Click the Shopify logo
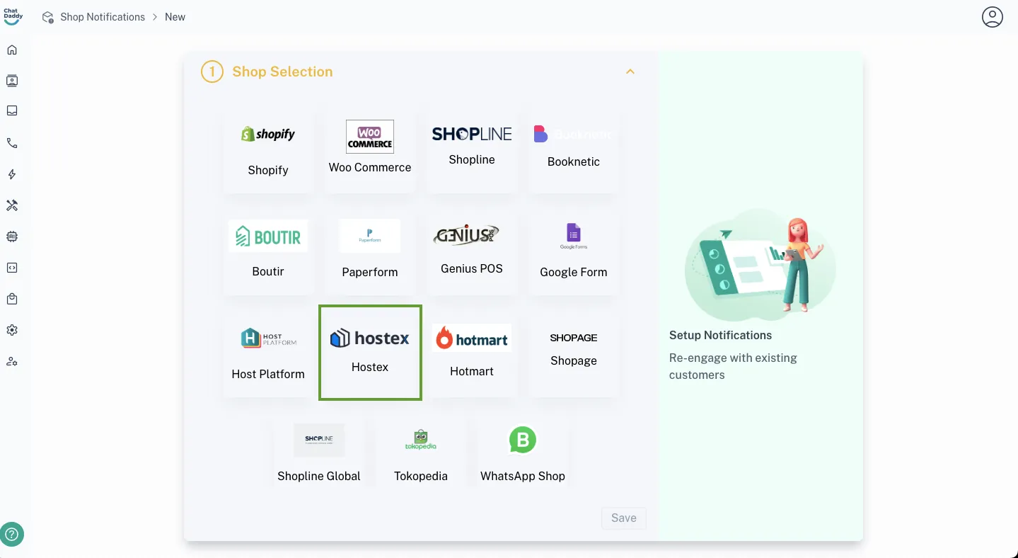click(x=267, y=134)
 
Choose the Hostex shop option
click(x=370, y=352)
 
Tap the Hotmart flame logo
click(x=444, y=338)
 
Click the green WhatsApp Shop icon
click(x=523, y=440)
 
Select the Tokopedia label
click(x=421, y=476)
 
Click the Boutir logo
click(x=268, y=236)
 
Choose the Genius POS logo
click(x=466, y=234)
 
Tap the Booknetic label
click(x=574, y=161)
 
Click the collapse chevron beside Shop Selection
click(x=630, y=72)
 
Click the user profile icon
click(x=993, y=17)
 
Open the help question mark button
click(x=12, y=535)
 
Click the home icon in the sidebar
click(x=12, y=50)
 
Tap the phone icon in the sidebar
click(x=12, y=143)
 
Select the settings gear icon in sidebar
click(x=12, y=330)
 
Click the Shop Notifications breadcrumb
click(x=103, y=17)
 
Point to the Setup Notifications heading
click(x=720, y=335)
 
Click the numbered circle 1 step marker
click(x=212, y=72)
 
